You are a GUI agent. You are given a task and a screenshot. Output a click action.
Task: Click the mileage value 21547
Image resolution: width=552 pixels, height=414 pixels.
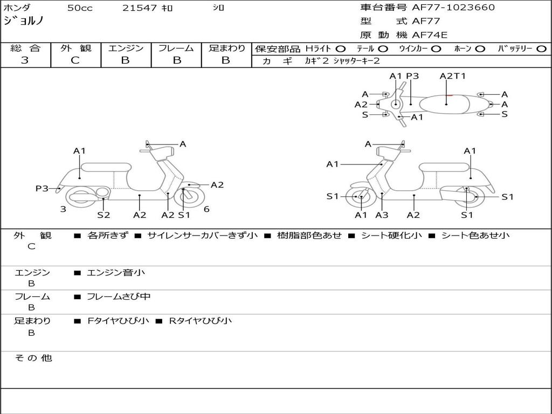(140, 8)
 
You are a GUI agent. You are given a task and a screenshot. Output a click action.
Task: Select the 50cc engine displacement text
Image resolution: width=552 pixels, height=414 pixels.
(79, 8)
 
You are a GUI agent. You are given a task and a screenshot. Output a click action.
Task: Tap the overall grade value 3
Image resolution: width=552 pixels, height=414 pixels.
(25, 60)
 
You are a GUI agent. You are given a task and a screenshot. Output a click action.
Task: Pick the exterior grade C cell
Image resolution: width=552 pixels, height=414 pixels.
(75, 60)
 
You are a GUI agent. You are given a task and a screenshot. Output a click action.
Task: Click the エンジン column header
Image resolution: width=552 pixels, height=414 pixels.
(126, 48)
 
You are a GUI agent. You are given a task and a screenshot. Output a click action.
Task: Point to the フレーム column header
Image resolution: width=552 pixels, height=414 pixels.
(176, 48)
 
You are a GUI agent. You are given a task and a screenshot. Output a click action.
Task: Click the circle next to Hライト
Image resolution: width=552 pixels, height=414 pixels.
(341, 49)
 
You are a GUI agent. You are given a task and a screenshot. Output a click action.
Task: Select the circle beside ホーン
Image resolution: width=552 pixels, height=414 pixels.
(480, 49)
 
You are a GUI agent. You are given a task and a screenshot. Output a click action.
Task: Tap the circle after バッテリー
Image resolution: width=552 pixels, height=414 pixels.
(541, 49)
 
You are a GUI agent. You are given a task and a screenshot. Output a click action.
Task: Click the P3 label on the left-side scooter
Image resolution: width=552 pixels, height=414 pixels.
(42, 188)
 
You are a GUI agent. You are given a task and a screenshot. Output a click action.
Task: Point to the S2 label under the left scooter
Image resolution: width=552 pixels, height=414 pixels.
(103, 215)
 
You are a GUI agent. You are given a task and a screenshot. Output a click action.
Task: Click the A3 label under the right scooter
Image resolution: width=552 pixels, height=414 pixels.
(382, 215)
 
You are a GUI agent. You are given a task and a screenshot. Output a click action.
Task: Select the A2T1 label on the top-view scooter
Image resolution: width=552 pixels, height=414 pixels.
(452, 76)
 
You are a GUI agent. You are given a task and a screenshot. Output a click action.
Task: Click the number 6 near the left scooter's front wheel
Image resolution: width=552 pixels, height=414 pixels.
(206, 209)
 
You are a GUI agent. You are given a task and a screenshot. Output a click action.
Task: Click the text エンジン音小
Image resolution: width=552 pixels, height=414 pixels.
(116, 273)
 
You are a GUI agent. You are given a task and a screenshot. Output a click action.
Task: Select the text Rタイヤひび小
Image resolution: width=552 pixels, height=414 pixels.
(201, 321)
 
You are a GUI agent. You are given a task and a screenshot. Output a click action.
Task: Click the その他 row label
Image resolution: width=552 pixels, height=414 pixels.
(33, 358)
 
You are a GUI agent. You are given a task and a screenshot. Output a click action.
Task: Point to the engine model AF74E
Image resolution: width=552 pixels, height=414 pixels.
(430, 35)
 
